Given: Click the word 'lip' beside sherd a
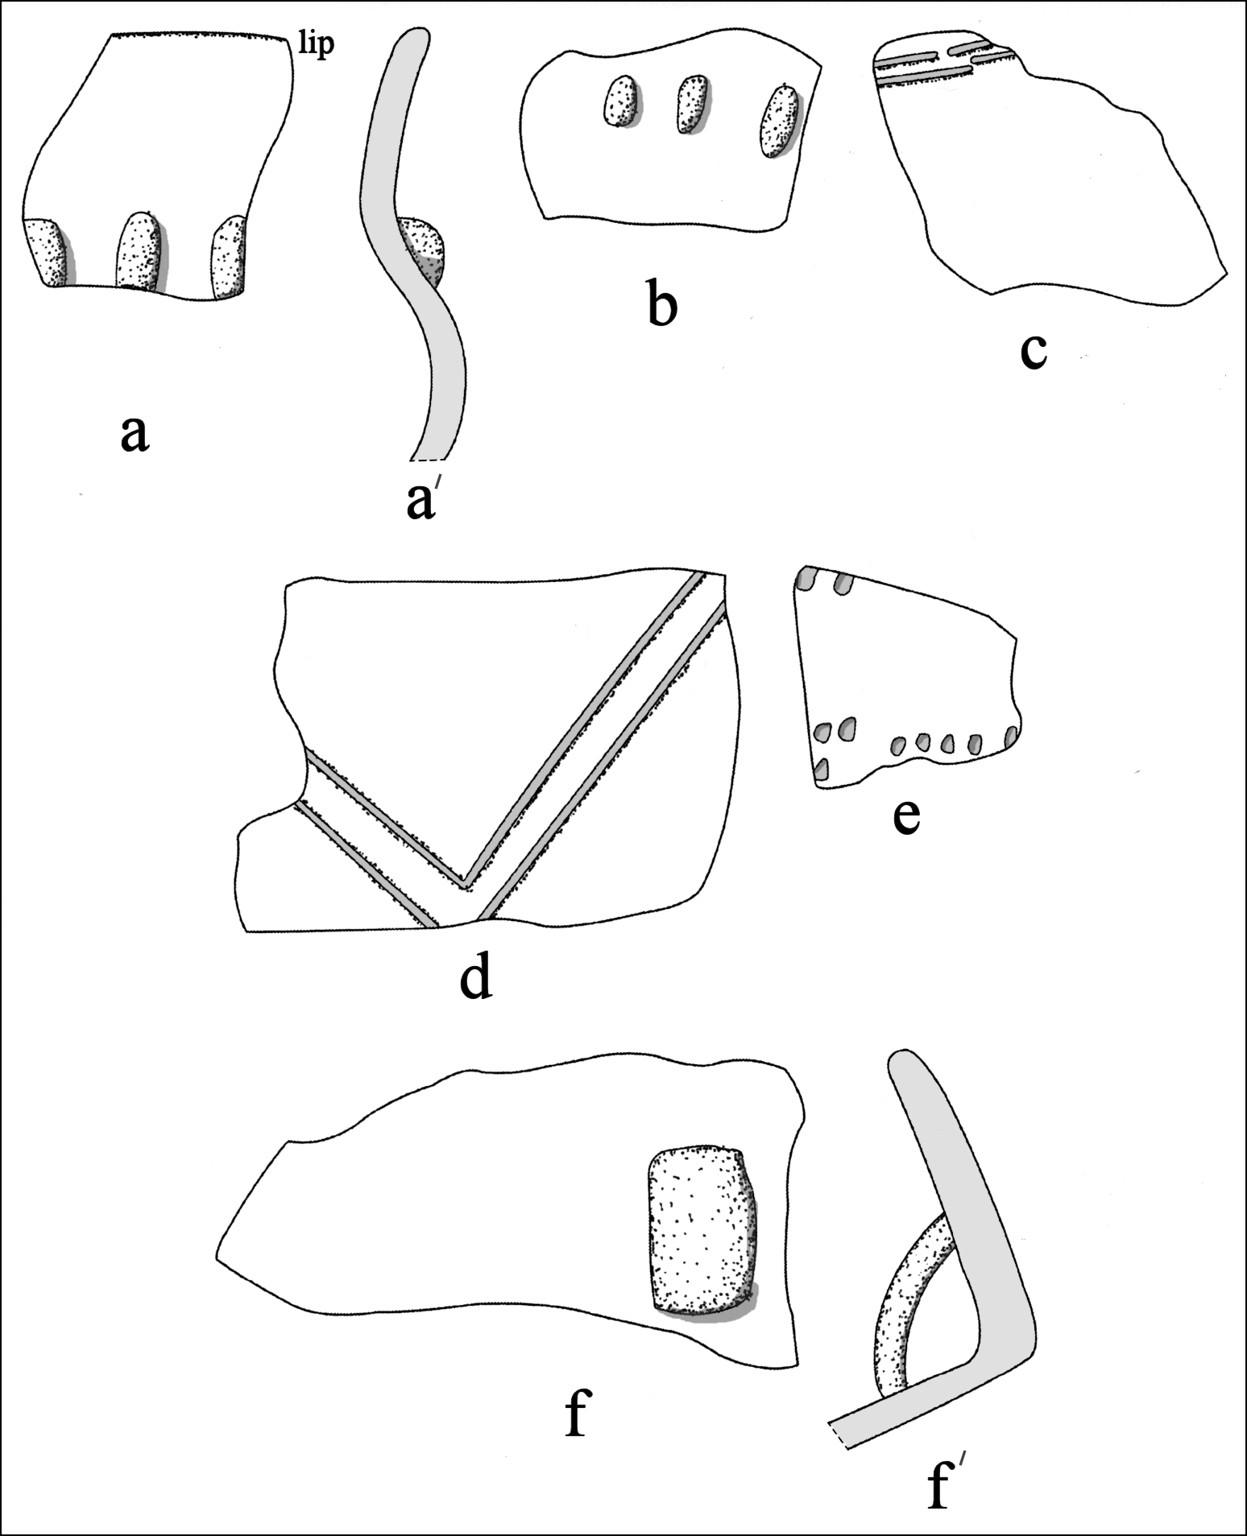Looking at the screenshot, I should coord(316,45).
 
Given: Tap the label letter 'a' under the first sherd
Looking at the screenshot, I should coord(135,436).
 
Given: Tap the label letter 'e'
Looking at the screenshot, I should coord(906,816).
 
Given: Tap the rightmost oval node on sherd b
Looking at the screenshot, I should coord(777,121).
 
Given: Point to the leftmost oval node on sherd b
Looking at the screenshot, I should coord(620,101).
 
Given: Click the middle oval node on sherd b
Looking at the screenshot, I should coord(692,103).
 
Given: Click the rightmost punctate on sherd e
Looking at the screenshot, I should coord(1009,735).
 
